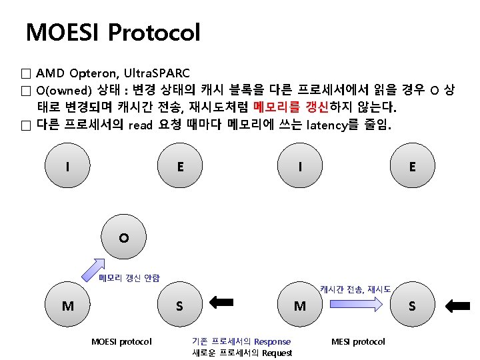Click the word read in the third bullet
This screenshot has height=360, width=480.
click(x=141, y=125)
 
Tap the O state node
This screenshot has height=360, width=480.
click(x=123, y=237)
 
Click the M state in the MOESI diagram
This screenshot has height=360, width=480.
click(x=68, y=306)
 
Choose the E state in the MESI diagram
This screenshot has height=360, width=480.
click(x=412, y=167)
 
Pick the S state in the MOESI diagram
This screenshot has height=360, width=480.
click(x=179, y=306)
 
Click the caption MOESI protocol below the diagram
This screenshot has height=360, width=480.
click(x=121, y=341)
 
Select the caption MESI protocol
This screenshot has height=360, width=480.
click(x=358, y=341)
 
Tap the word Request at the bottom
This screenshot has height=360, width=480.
click(x=276, y=353)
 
